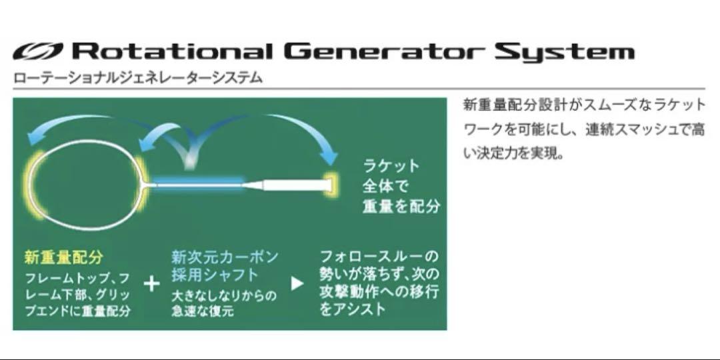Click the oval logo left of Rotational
click(x=37, y=51)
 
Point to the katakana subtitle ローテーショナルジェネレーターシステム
click(x=138, y=77)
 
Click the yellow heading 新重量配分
click(x=64, y=257)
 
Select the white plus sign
click(x=151, y=284)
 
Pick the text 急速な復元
click(x=203, y=311)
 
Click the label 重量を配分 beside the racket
click(x=401, y=206)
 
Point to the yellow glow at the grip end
click(x=331, y=184)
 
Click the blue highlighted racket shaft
click(x=197, y=183)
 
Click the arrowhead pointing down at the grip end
click(x=329, y=157)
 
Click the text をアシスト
click(x=353, y=309)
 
